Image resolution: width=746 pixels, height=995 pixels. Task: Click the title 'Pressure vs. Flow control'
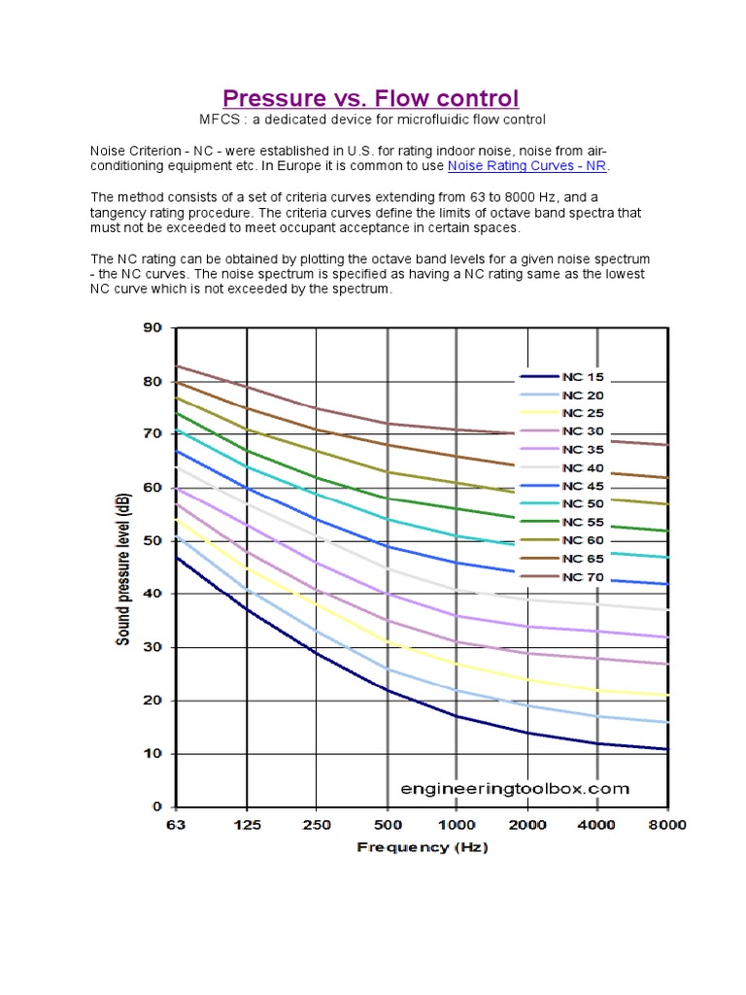click(371, 98)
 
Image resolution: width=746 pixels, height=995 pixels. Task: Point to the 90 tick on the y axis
click(153, 328)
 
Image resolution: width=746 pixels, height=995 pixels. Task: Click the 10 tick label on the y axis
click(153, 754)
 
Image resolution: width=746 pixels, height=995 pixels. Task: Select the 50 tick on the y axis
click(153, 541)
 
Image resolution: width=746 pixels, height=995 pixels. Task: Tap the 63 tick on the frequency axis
click(175, 825)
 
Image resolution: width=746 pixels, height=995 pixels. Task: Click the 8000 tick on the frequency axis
click(667, 825)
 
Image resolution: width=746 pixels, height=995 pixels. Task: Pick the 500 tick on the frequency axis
click(388, 825)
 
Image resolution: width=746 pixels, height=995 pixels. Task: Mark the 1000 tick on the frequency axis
click(457, 825)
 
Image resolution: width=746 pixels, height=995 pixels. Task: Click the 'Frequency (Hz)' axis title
click(422, 847)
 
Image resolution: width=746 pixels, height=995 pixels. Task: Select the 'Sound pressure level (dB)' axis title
click(123, 566)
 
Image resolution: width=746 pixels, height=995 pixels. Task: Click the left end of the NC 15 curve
click(176, 558)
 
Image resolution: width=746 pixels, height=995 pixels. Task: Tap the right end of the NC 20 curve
click(666, 722)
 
